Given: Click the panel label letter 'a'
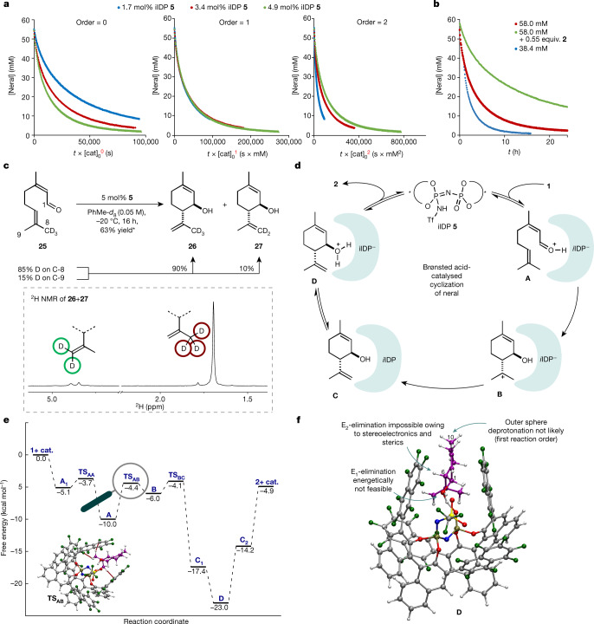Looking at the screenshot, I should coord(5,6).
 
